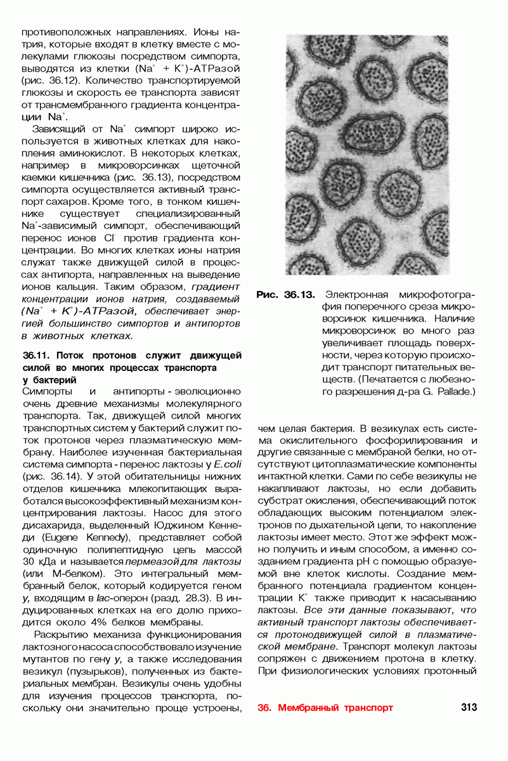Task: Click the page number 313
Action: pyautogui.click(x=469, y=707)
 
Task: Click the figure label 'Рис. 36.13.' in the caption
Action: pyautogui.click(x=285, y=295)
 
